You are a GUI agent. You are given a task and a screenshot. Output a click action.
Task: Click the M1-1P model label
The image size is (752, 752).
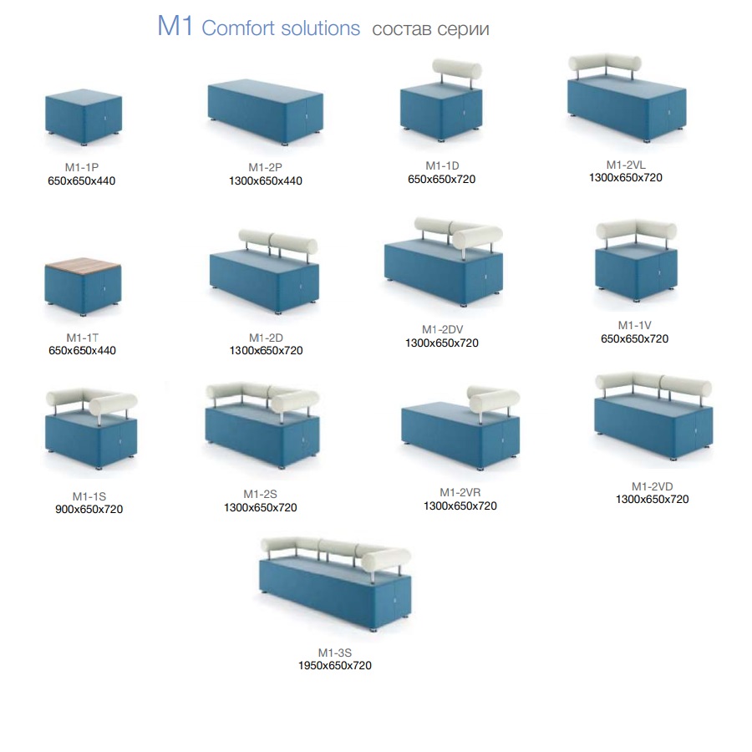click(x=82, y=167)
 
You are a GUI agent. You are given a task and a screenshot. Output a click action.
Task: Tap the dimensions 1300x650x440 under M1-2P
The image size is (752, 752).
click(x=265, y=180)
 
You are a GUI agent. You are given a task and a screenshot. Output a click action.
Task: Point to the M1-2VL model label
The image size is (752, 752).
click(x=626, y=165)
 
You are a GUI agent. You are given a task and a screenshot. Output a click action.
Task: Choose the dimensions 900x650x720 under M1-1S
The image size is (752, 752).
click(x=89, y=510)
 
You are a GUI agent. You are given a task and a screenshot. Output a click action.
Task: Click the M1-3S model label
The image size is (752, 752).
click(x=335, y=653)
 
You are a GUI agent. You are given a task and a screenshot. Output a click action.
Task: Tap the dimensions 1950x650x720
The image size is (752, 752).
click(x=335, y=666)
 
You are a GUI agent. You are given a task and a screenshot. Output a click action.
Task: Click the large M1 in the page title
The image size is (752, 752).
click(x=175, y=26)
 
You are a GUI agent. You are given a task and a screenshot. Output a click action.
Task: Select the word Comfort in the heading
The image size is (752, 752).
click(x=238, y=28)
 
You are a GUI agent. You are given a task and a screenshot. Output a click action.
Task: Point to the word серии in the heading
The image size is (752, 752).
click(x=463, y=30)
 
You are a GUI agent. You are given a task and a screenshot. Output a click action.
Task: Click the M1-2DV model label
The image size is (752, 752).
click(x=442, y=329)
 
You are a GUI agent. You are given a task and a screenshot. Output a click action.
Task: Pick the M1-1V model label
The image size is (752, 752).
click(x=634, y=325)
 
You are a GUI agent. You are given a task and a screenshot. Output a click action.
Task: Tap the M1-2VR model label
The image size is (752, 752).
click(x=460, y=492)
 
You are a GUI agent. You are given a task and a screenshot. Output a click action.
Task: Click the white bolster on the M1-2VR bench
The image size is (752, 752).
click(x=494, y=399)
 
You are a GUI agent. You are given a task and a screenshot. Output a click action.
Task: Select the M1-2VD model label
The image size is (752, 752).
click(x=653, y=486)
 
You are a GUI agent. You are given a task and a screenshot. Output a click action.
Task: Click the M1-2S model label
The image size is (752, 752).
click(x=261, y=494)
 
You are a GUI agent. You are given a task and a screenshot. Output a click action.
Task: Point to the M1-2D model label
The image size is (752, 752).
click(x=267, y=338)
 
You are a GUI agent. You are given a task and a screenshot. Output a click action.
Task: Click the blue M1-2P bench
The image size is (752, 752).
click(x=265, y=112)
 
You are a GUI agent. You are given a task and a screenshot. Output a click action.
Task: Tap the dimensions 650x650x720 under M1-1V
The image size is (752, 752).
click(x=634, y=338)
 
